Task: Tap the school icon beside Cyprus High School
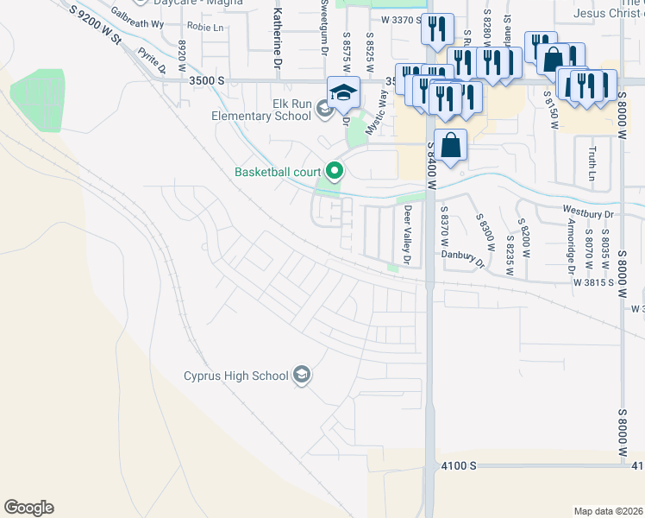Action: click(302, 375)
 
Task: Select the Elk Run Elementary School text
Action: click(262, 109)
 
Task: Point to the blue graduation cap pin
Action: click(343, 92)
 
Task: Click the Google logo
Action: click(28, 508)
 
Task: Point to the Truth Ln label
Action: click(592, 164)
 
